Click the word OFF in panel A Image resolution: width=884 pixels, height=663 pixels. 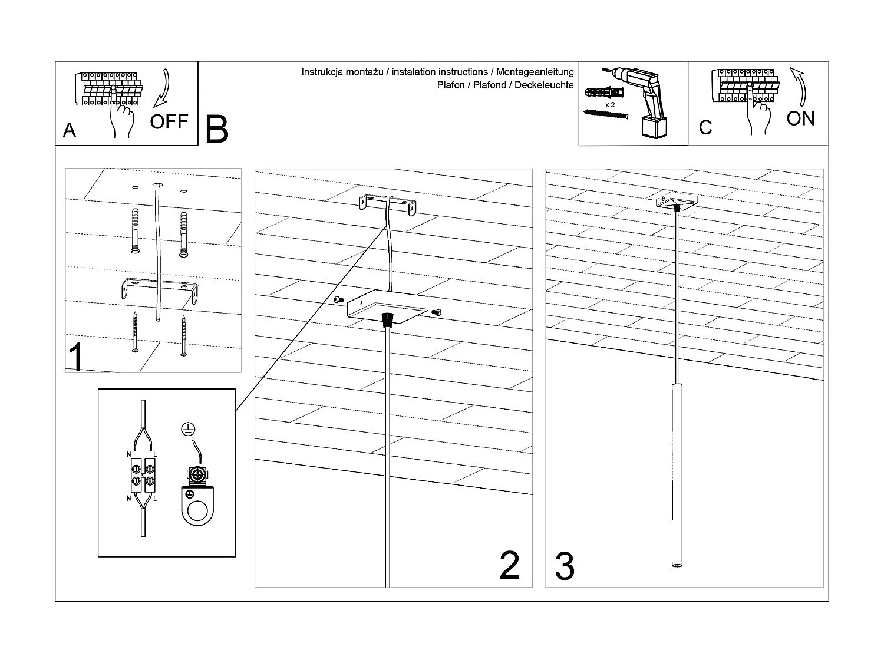tap(169, 122)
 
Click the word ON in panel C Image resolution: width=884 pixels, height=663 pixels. tap(800, 118)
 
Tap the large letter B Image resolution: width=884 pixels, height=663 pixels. tap(216, 129)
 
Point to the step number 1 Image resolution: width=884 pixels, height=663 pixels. tap(75, 357)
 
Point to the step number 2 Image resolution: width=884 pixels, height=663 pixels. tap(509, 565)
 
